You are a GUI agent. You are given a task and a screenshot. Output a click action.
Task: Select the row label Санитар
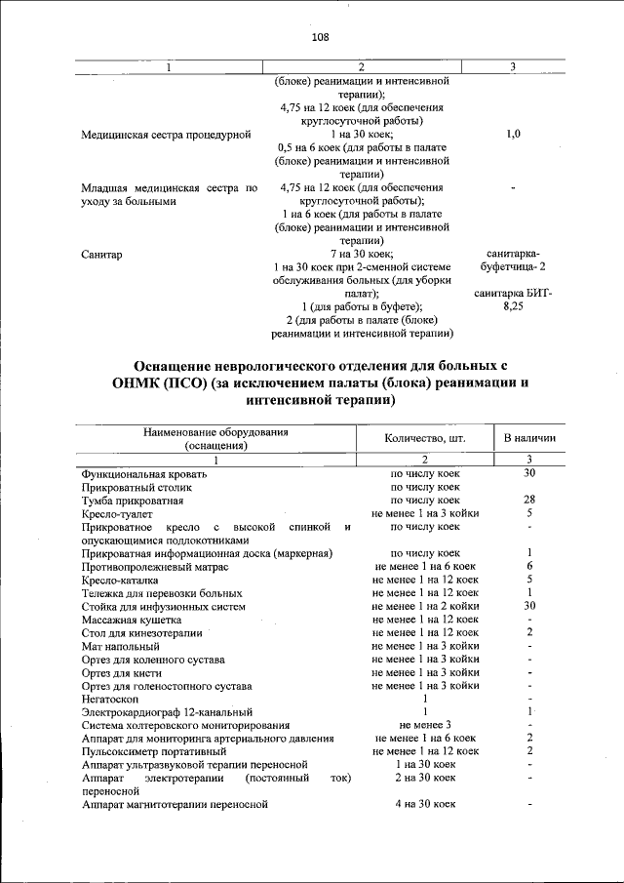point(102,254)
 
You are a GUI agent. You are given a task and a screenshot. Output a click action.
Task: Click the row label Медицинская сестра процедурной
point(167,134)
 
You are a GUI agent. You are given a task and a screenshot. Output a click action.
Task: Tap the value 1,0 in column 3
point(514,134)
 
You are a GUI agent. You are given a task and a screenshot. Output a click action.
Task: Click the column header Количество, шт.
point(425,438)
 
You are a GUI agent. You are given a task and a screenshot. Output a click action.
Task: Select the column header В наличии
point(528,438)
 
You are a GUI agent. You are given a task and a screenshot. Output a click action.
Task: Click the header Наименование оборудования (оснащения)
point(216,438)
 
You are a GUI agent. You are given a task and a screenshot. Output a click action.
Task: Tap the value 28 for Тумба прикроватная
point(528,500)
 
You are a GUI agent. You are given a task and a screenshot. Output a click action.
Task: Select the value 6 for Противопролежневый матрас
point(528,566)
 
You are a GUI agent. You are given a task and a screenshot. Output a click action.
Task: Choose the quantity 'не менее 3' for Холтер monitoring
point(425,725)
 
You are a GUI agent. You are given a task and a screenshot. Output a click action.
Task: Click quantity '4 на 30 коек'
point(425,804)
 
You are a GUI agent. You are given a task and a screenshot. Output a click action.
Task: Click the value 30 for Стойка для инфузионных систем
point(528,605)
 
